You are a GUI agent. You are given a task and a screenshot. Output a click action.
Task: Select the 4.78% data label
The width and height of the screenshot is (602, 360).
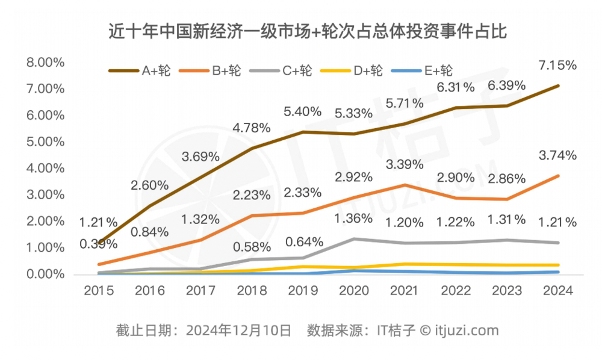pyautogui.click(x=252, y=128)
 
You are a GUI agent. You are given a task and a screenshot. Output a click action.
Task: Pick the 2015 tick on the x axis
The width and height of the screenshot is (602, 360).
pyautogui.click(x=99, y=291)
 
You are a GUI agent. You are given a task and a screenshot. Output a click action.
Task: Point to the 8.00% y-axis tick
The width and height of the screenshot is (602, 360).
pyautogui.click(x=44, y=62)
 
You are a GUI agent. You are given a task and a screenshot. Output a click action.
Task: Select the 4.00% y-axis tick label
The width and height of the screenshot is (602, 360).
pyautogui.click(x=44, y=168)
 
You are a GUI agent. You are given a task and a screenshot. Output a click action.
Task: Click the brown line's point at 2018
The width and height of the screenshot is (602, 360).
pyautogui.click(x=252, y=148)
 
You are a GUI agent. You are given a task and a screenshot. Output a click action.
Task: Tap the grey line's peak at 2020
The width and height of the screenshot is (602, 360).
pyautogui.click(x=355, y=239)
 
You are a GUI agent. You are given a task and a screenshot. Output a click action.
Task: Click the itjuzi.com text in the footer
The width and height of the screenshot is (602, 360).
pyautogui.click(x=467, y=330)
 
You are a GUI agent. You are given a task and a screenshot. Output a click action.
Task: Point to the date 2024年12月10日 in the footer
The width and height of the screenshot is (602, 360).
pyautogui.click(x=239, y=330)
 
